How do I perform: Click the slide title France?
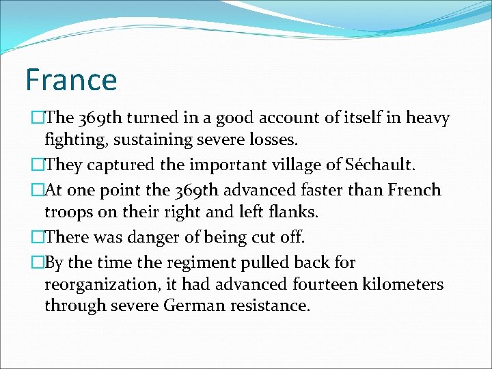coord(71,79)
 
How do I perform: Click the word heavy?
coord(428,118)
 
